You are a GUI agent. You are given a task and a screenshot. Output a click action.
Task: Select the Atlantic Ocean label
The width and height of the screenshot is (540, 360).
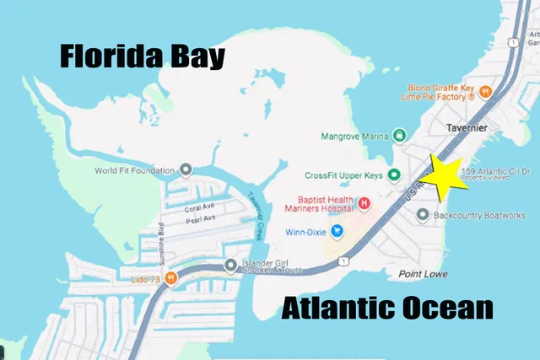388,308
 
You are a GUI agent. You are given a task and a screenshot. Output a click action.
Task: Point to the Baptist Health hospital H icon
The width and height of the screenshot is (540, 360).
364,203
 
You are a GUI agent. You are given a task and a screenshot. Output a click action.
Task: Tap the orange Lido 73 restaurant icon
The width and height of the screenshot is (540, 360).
170,277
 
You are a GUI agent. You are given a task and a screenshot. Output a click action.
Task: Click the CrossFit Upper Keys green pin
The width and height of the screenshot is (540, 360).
393,175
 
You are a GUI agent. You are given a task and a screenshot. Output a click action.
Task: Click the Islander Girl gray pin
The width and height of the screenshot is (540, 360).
230,266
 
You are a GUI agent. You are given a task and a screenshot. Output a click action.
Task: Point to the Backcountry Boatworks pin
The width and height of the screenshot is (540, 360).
423,216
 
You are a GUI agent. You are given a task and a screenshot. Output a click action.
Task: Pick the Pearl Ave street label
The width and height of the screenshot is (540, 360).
200,219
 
